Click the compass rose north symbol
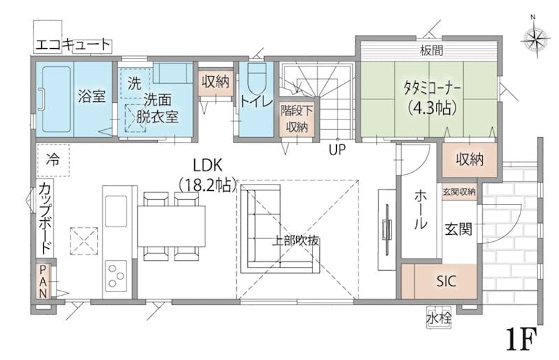(x=535, y=37)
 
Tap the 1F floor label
(x=521, y=339)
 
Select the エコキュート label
(x=73, y=45)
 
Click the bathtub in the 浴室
(x=57, y=99)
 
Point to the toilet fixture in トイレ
(x=257, y=78)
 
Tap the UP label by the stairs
(x=337, y=150)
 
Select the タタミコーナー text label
(x=432, y=88)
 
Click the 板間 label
(x=431, y=50)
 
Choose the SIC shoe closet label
(x=446, y=281)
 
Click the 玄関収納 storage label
(x=459, y=192)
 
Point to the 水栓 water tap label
(x=439, y=318)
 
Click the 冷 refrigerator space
(x=53, y=160)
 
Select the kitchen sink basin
(x=116, y=211)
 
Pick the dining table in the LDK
(x=171, y=226)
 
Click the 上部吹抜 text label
(x=295, y=241)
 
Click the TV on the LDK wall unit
(x=387, y=229)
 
